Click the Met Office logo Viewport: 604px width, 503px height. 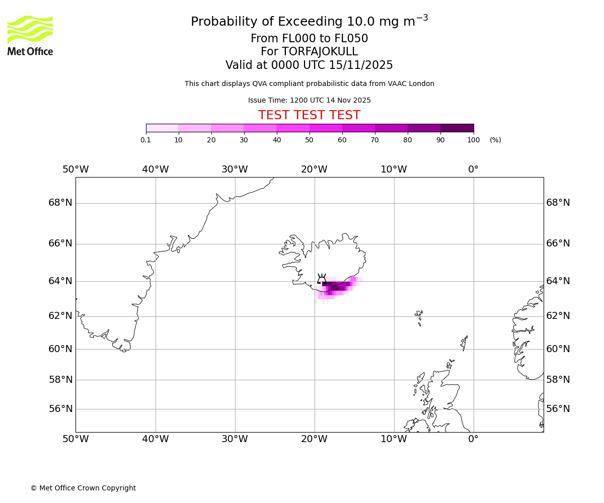(x=30, y=35)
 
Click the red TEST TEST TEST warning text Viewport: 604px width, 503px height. (x=309, y=115)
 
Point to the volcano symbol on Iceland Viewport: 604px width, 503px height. (x=322, y=279)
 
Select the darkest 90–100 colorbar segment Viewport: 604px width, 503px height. (x=457, y=128)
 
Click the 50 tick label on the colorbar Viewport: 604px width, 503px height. (x=310, y=140)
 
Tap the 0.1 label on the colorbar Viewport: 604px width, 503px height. (x=145, y=140)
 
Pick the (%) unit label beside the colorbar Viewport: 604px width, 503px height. (x=495, y=140)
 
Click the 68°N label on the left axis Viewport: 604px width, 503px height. (x=60, y=203)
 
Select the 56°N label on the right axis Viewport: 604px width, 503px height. (x=558, y=409)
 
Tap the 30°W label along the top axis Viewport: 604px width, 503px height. (x=235, y=170)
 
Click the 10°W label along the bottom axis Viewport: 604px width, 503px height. (x=394, y=439)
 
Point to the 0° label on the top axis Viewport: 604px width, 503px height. (x=473, y=170)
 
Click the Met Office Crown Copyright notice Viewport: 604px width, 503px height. (x=83, y=488)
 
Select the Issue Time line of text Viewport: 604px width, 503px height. (x=309, y=100)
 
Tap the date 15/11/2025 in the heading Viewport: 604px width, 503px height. (x=361, y=65)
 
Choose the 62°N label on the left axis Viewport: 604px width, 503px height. (x=60, y=316)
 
